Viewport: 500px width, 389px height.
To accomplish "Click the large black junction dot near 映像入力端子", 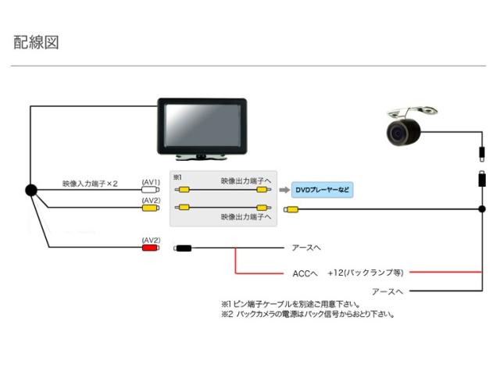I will [30, 190].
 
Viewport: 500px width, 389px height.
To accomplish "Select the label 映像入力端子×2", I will [90, 184].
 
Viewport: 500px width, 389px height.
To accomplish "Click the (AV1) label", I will [151, 182].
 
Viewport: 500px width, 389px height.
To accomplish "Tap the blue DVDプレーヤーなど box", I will [321, 190].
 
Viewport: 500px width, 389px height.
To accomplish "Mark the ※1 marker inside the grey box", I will [177, 178].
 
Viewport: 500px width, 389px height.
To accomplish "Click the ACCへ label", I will [304, 273].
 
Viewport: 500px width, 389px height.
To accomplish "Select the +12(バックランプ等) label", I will [365, 273].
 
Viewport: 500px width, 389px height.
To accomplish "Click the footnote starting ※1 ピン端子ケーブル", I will [290, 304].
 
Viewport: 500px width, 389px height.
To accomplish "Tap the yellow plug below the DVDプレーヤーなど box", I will [291, 209].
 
